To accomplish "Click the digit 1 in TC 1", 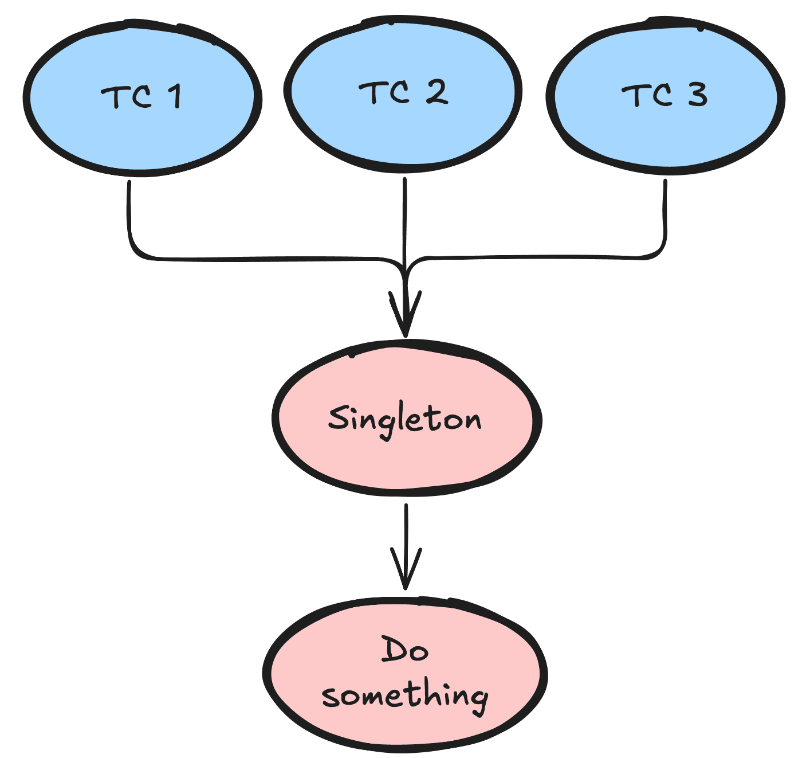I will point(175,96).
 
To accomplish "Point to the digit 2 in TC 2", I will point(437,92).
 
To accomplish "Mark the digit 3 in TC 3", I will point(698,95).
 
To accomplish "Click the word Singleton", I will point(405,419).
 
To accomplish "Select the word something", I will point(405,696).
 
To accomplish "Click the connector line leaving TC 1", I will point(130,218).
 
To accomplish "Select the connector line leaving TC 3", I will point(666,218).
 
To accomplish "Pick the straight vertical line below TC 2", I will point(405,218).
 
